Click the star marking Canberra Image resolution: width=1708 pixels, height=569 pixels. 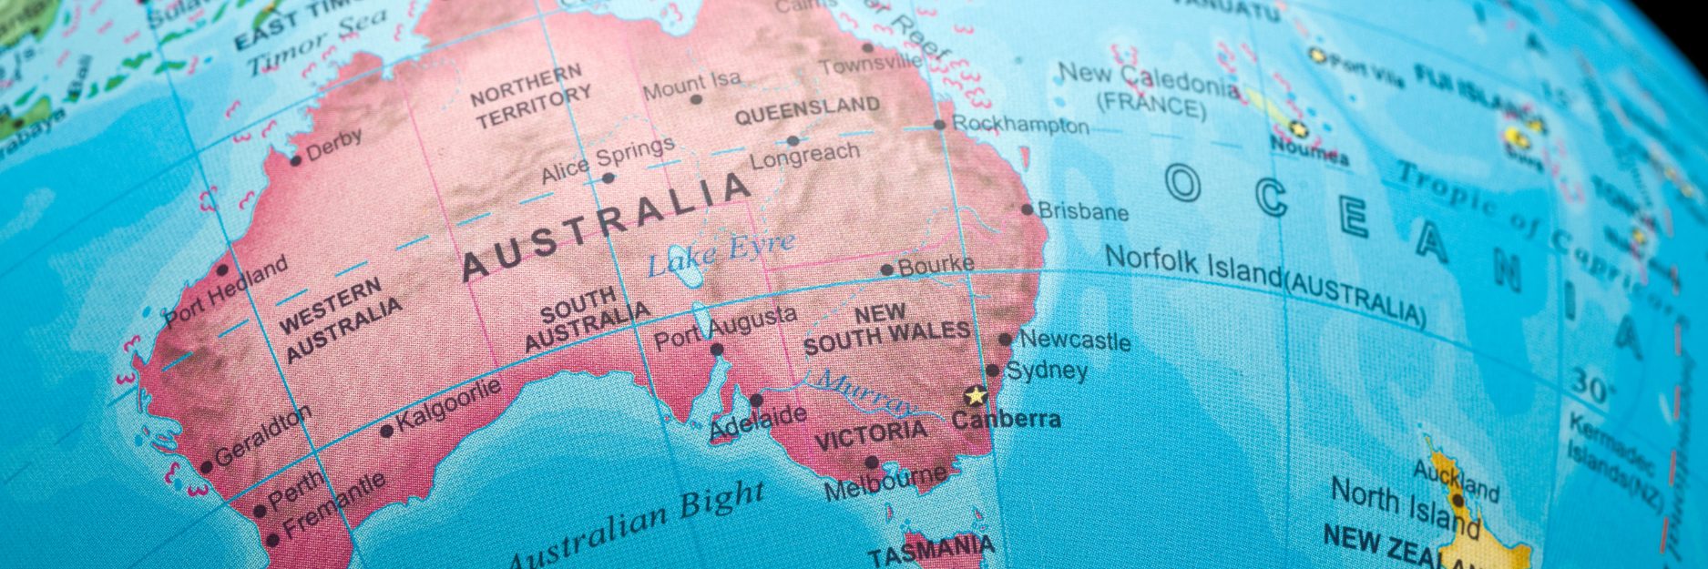(976, 396)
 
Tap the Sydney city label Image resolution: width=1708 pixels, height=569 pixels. (1047, 371)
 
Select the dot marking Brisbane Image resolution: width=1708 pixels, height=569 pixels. (1028, 209)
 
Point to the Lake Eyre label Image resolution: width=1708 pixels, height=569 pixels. (720, 254)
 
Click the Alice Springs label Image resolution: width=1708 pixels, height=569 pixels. (608, 160)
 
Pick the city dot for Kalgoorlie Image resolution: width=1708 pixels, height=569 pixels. (386, 431)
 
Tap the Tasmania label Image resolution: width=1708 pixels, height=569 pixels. (930, 549)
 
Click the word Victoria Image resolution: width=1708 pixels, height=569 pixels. (870, 435)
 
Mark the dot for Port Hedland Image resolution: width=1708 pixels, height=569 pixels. (222, 269)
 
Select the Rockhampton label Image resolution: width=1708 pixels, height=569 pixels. (1020, 125)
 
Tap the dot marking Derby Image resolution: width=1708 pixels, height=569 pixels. (295, 161)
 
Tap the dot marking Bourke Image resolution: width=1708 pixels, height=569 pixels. (887, 269)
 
